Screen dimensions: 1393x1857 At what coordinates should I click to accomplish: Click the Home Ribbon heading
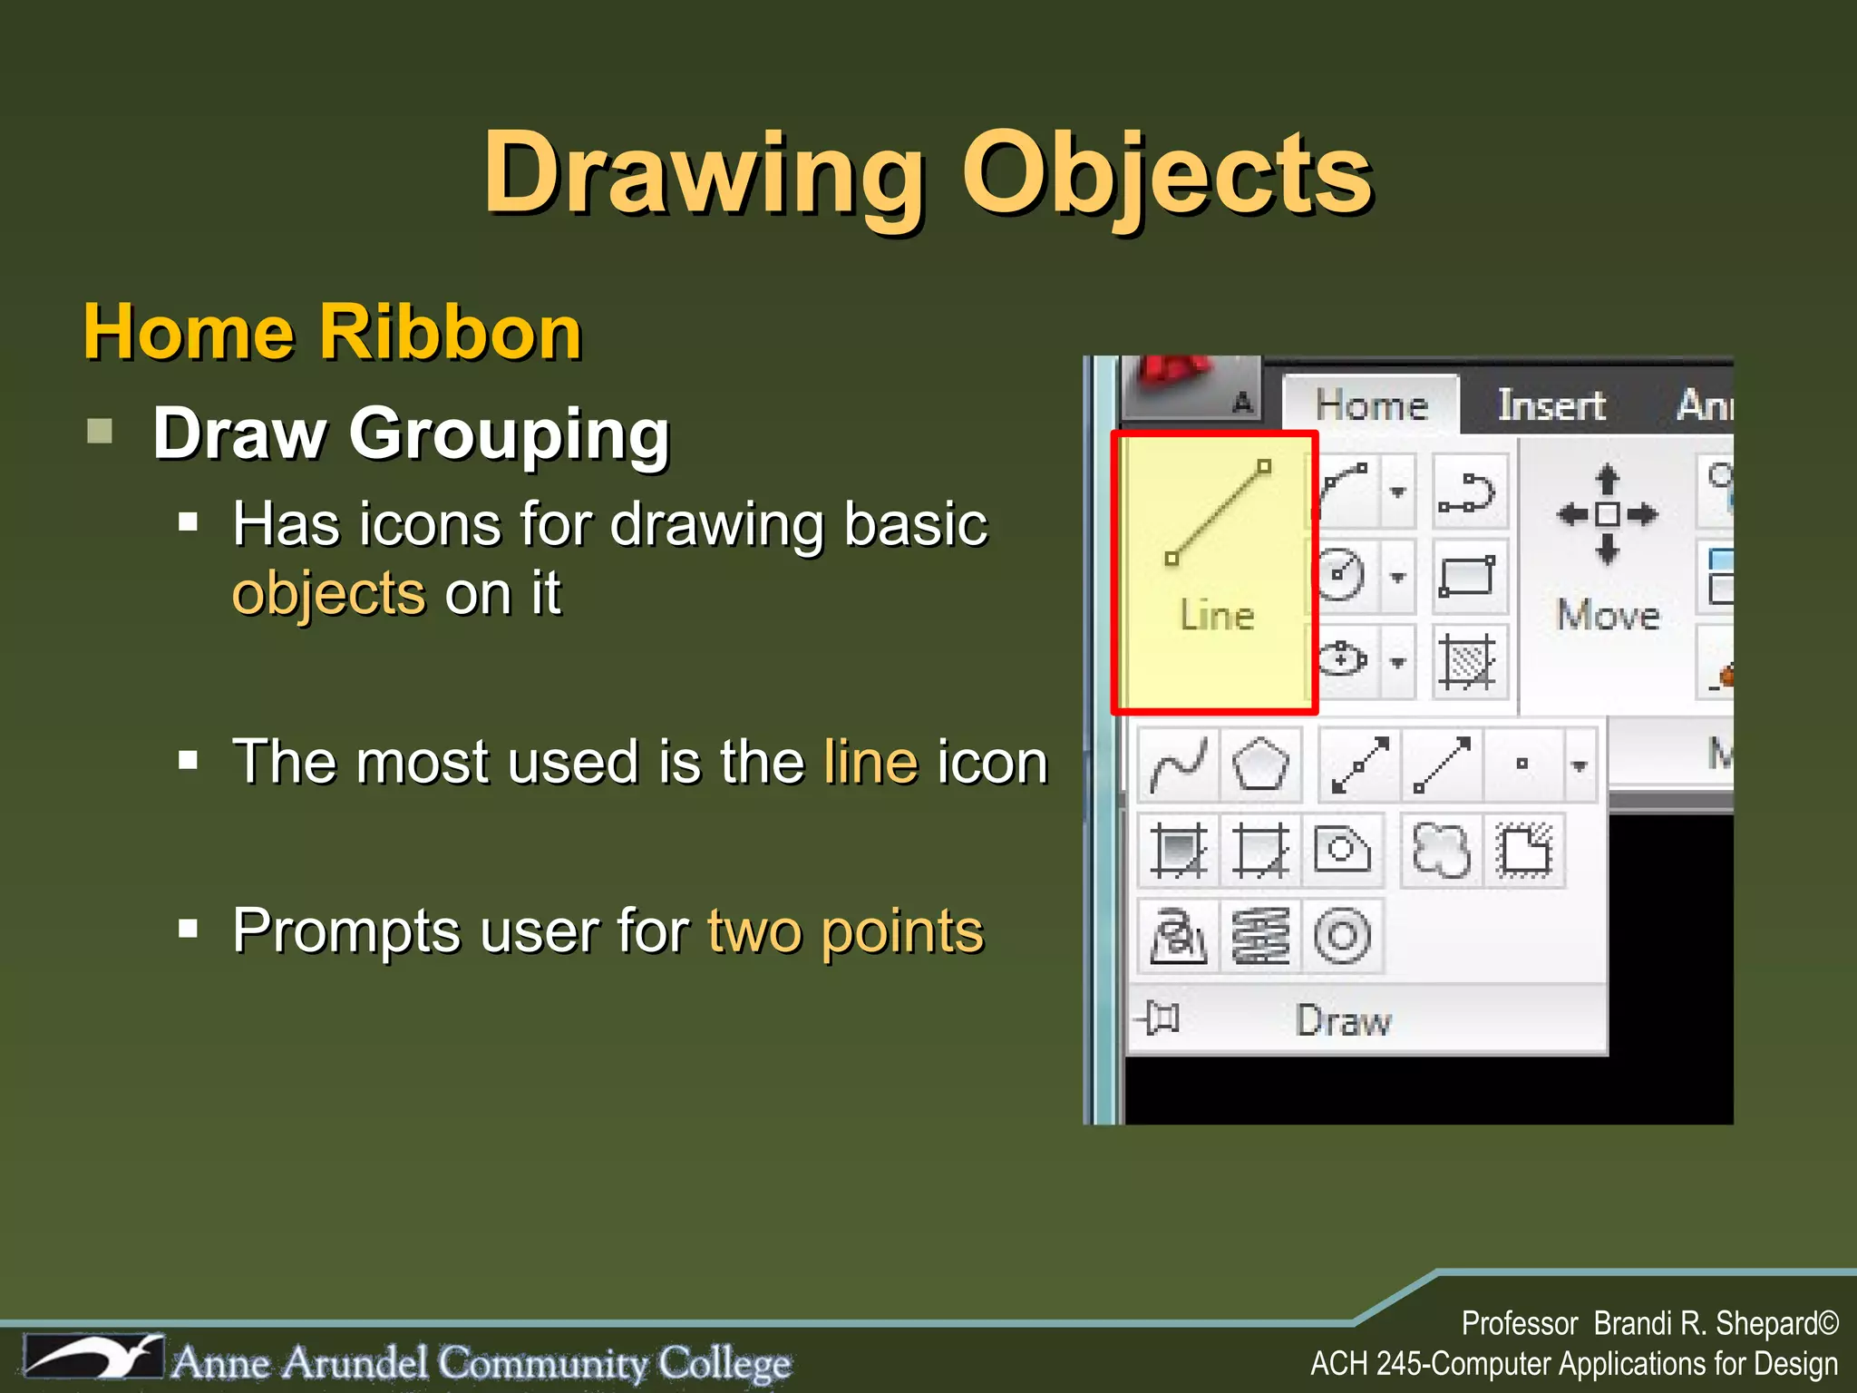pos(332,333)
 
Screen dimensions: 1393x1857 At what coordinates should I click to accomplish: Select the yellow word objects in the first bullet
pos(328,595)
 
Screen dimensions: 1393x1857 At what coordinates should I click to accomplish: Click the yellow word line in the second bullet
pos(870,762)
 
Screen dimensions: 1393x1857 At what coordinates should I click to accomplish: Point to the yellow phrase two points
pos(845,931)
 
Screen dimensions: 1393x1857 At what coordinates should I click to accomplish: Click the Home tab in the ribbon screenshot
pos(1371,405)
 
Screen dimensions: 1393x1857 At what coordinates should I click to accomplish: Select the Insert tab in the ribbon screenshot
pos(1551,405)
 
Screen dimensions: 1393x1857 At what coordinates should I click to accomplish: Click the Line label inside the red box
pos(1217,616)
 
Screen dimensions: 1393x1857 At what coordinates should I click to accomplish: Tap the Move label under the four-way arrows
pos(1608,616)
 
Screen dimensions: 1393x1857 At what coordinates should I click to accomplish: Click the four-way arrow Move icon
pos(1607,514)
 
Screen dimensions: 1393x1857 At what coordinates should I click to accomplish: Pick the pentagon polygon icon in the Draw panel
pos(1260,765)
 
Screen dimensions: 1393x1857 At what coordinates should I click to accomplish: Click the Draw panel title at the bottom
pos(1343,1021)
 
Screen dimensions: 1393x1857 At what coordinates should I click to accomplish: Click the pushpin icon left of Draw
pos(1160,1018)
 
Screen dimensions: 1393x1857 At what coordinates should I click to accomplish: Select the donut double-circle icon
pos(1342,935)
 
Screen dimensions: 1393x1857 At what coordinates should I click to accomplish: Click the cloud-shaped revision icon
pos(1441,851)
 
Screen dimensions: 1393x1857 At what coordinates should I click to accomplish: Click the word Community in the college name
pos(544,1363)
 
